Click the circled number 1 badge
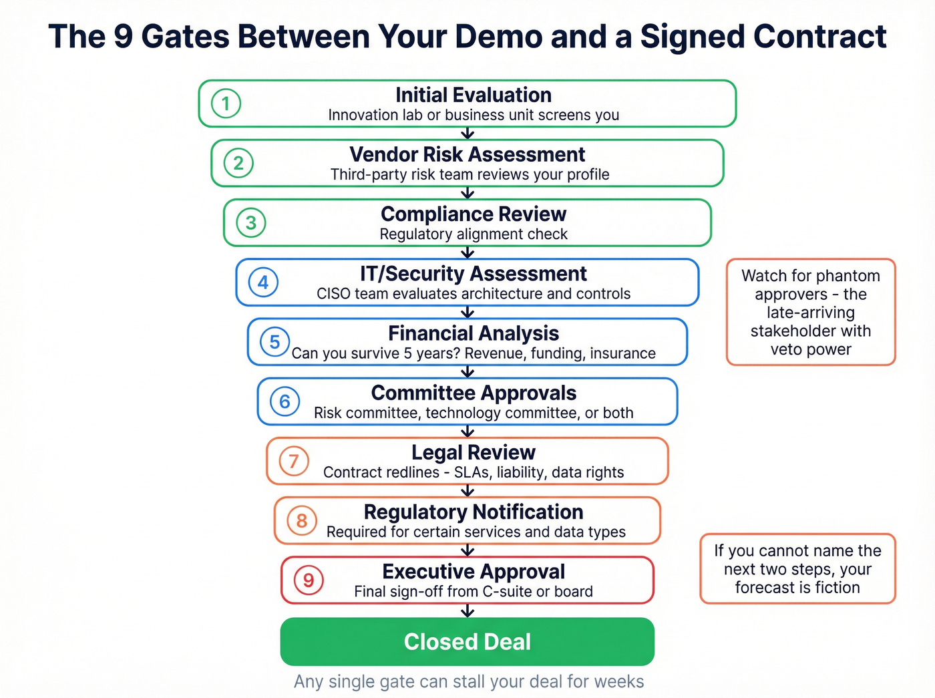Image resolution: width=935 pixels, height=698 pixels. (x=226, y=104)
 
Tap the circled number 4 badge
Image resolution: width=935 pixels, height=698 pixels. (x=263, y=282)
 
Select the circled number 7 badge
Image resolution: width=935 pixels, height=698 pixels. (x=294, y=461)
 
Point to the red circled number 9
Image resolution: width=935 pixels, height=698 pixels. (x=309, y=580)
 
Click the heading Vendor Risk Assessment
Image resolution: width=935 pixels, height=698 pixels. (x=467, y=155)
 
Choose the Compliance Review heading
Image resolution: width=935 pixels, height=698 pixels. (x=473, y=214)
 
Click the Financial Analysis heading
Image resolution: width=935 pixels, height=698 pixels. (x=473, y=333)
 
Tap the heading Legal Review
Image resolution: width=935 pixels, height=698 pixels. (x=473, y=453)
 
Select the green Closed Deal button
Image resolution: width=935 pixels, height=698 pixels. (x=467, y=641)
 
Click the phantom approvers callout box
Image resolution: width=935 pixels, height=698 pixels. (x=810, y=312)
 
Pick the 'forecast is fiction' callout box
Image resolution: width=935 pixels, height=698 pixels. (x=797, y=568)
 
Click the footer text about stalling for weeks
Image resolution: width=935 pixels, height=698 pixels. (x=469, y=681)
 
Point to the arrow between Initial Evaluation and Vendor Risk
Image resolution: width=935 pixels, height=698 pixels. (x=467, y=133)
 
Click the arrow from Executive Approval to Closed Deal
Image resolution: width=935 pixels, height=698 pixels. (x=467, y=610)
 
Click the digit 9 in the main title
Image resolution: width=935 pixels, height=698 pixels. (x=123, y=37)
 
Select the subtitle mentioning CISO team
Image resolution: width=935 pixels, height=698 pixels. (x=473, y=294)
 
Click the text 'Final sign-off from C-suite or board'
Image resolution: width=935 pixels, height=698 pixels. (x=473, y=592)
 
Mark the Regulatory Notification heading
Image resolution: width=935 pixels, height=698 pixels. (x=473, y=512)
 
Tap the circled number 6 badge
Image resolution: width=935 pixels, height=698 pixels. (x=285, y=401)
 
